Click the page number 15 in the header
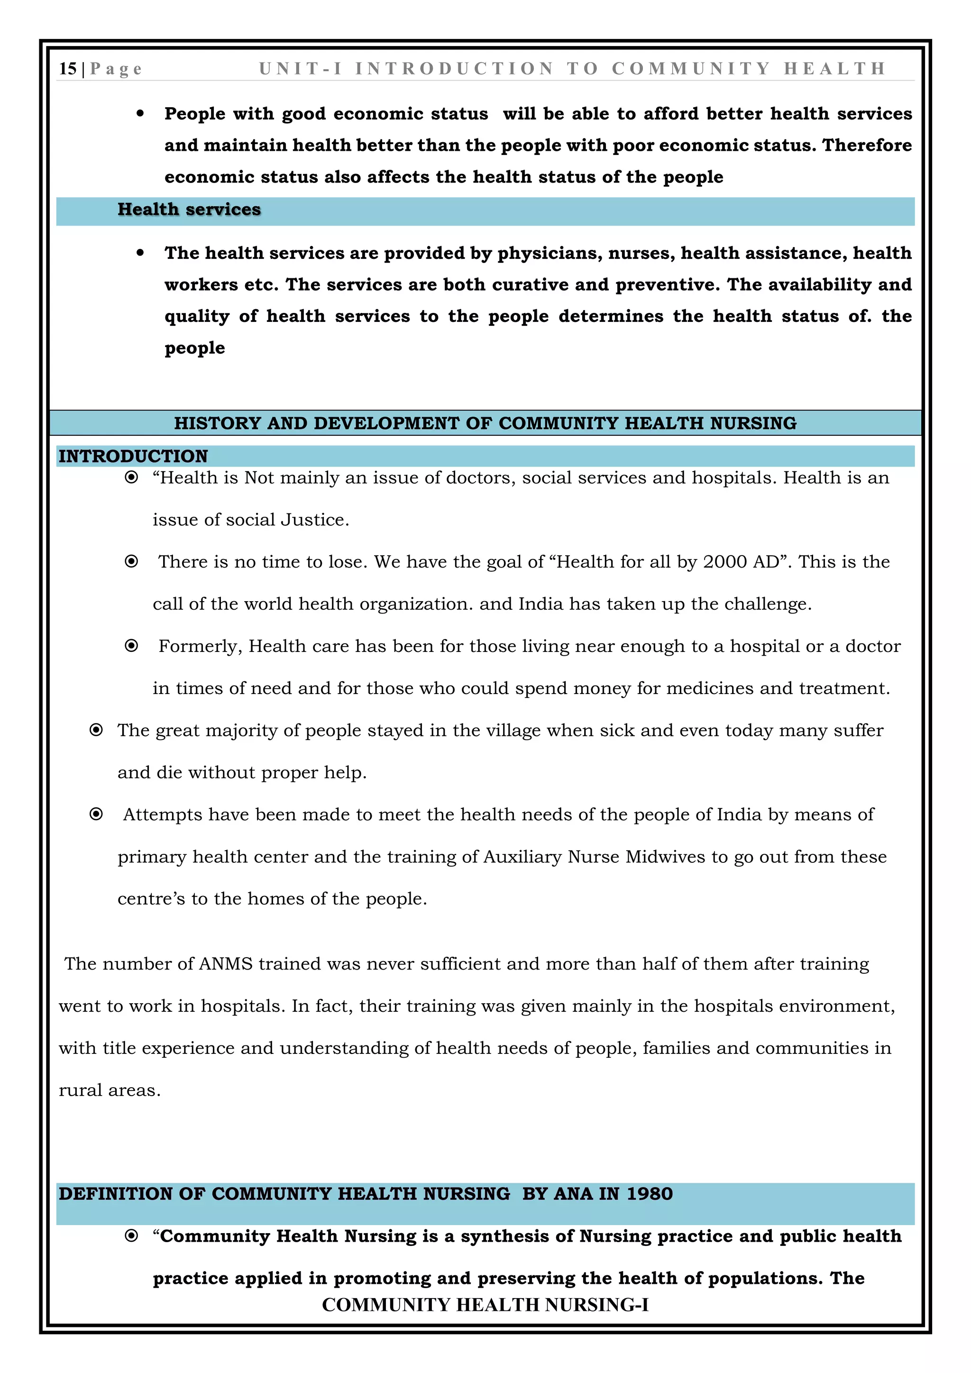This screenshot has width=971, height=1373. click(68, 69)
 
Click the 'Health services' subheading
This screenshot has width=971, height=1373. click(189, 209)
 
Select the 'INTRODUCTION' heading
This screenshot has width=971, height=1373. click(133, 456)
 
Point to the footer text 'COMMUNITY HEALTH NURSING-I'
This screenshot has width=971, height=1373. click(485, 1304)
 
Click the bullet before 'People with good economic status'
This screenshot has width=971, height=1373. click(140, 114)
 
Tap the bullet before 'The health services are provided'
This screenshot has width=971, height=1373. click(140, 253)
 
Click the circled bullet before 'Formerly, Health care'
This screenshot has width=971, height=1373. click(131, 646)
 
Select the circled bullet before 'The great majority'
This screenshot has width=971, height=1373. click(96, 730)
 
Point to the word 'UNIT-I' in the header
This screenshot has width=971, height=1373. click(301, 69)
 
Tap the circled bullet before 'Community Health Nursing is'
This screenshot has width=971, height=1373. click(131, 1236)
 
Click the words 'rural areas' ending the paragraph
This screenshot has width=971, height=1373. click(109, 1090)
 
